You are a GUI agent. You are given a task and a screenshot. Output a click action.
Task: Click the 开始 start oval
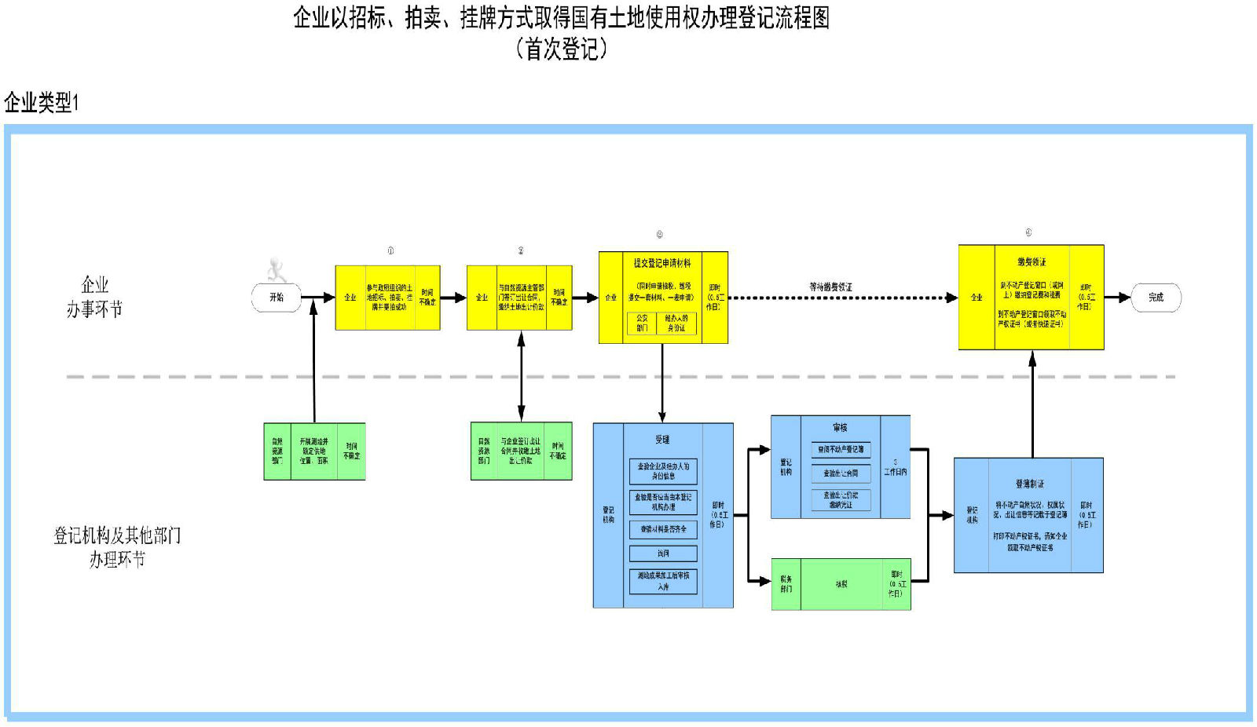point(277,298)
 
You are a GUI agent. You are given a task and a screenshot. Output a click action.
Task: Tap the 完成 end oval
point(1156,298)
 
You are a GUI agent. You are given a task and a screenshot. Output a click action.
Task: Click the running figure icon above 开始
point(277,270)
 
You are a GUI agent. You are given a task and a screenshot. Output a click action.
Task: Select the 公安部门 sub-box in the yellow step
point(642,323)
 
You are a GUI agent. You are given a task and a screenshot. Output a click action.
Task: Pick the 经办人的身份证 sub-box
point(676,323)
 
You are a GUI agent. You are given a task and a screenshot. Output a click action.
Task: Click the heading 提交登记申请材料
point(662,263)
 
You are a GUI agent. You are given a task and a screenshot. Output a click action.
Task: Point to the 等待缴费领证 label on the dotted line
point(830,287)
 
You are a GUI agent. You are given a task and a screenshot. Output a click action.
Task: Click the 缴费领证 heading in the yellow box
point(1032,261)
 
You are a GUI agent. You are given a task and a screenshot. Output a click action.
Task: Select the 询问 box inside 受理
point(663,553)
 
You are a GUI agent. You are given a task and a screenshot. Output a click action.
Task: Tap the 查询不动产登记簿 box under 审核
point(841,450)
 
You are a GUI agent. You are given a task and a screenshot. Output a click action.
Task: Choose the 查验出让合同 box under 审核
point(841,473)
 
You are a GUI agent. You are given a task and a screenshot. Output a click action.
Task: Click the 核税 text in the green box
point(841,584)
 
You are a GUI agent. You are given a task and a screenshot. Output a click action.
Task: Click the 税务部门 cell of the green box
point(786,584)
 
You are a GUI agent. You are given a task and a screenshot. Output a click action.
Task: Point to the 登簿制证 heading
point(1029,484)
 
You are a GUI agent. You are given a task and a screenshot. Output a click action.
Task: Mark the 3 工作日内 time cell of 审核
point(895,467)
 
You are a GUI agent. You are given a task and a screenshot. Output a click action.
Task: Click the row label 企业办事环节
point(94,297)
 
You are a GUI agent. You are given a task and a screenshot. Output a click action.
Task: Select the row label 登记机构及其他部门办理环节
point(117,547)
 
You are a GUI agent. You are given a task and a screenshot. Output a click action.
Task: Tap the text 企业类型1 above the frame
point(41,102)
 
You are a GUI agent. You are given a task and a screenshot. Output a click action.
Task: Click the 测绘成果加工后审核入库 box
point(663,581)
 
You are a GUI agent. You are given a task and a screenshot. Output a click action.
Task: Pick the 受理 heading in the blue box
point(662,440)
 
